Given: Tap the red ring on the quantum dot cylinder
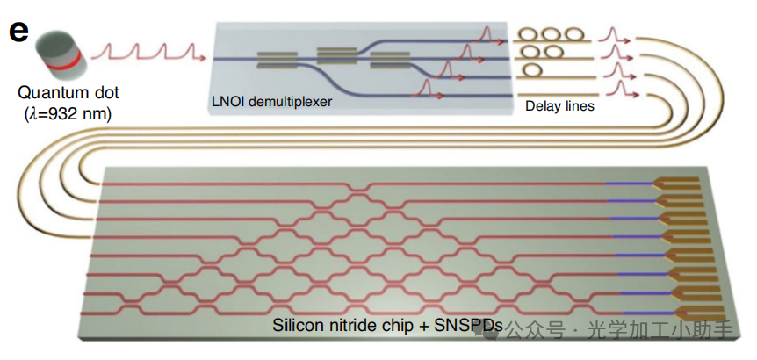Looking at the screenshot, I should pos(61,57).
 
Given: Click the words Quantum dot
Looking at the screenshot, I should pos(66,93).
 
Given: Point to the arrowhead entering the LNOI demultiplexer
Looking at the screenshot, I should pos(205,59).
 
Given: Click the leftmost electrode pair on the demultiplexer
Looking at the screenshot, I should pos(275,60).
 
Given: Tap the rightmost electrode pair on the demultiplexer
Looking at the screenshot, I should pos(387,60).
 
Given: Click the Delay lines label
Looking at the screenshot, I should pos(559,106).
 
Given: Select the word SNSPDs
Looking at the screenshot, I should pos(463,327).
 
